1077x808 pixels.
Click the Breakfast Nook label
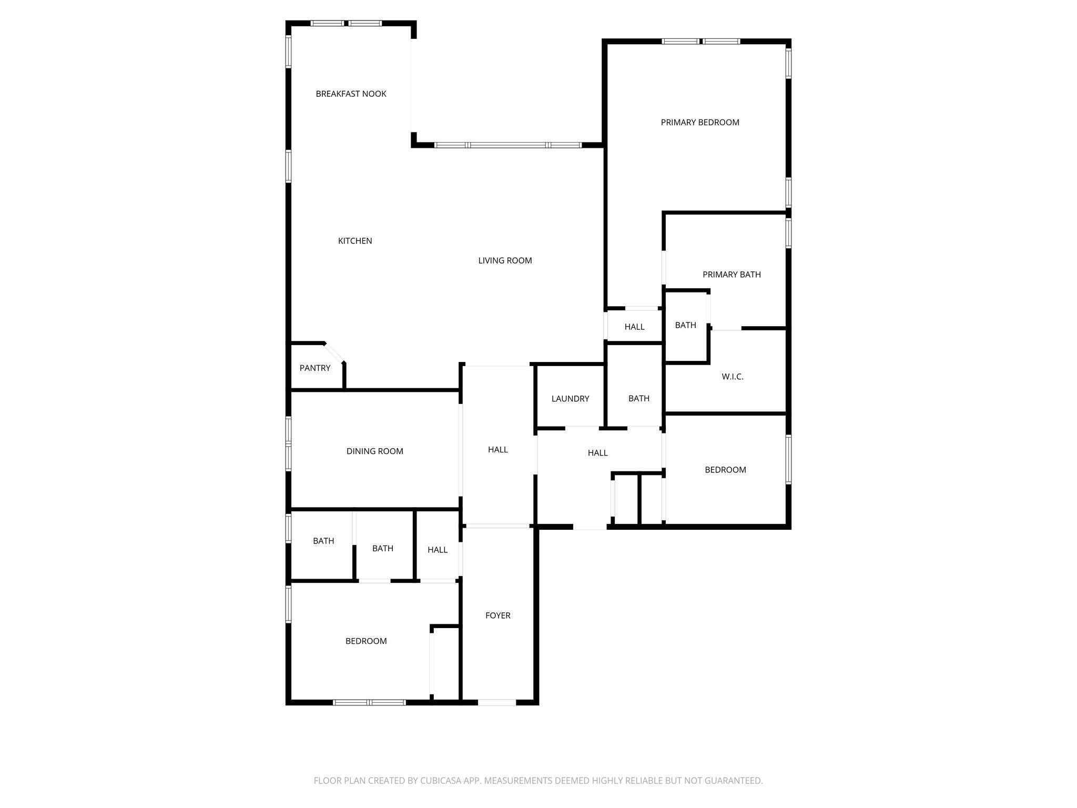point(351,94)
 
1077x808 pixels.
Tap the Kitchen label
point(355,241)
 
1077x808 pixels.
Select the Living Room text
point(505,260)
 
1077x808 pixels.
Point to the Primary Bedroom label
point(700,123)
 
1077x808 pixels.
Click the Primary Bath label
point(731,275)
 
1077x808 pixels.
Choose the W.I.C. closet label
point(733,377)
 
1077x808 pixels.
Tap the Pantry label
point(315,368)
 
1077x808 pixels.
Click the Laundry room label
point(570,399)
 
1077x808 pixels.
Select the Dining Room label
point(374,451)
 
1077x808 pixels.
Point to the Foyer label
point(497,615)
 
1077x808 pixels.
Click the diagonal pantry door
point(334,352)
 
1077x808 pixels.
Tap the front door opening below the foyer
point(497,702)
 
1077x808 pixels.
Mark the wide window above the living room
point(508,145)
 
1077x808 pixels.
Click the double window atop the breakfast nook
point(346,23)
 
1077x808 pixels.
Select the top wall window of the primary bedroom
point(700,41)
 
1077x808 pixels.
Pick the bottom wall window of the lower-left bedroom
point(369,702)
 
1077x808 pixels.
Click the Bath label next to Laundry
point(639,399)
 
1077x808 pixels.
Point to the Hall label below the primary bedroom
point(634,327)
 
